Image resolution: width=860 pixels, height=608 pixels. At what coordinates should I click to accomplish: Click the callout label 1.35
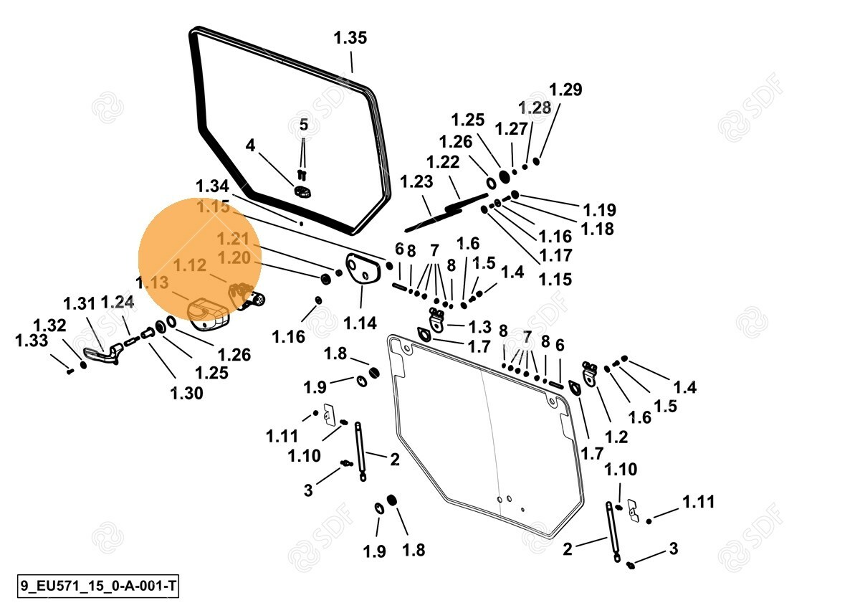tap(350, 38)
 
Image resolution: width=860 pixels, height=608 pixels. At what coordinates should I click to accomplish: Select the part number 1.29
tap(565, 90)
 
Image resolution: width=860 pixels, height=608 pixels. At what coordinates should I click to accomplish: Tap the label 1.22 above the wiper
tap(443, 163)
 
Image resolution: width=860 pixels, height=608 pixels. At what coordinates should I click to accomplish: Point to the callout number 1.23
tap(417, 182)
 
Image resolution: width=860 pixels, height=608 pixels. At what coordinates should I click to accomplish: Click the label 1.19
tap(599, 210)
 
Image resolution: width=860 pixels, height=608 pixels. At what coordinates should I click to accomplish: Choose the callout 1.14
tap(360, 323)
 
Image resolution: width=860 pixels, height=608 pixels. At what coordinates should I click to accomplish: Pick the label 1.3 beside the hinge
tap(479, 327)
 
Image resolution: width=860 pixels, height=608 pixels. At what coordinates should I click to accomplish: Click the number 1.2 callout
tap(616, 437)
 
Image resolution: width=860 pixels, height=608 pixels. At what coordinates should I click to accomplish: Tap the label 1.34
tap(212, 186)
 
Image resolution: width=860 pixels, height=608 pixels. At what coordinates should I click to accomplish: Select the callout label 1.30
tap(186, 392)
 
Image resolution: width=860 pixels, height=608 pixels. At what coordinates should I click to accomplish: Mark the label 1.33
tap(32, 341)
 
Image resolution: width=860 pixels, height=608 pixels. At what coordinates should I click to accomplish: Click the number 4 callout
tap(250, 146)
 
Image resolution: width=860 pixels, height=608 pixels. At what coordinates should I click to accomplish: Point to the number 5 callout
tap(303, 125)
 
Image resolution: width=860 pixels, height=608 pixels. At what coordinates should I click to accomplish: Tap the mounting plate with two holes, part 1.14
tap(361, 269)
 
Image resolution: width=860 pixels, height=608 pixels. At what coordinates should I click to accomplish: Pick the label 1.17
tap(556, 255)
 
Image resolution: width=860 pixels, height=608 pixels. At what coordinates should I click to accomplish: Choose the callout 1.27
tap(512, 129)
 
